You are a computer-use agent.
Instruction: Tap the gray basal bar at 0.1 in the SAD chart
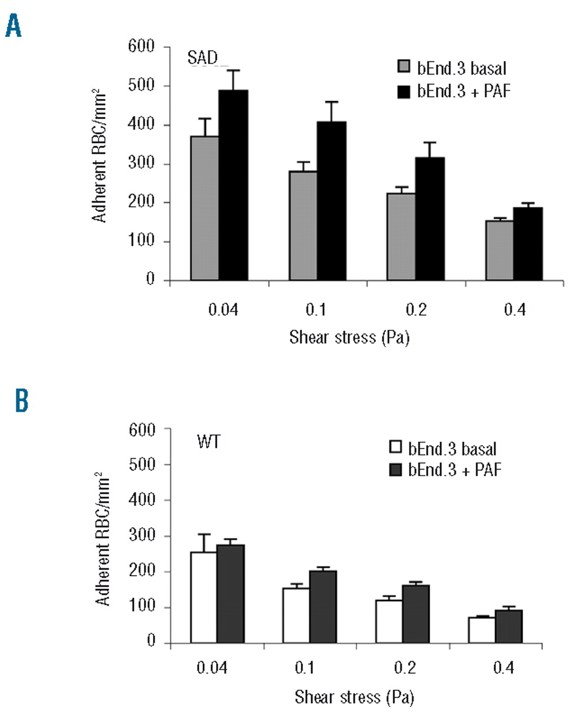(x=303, y=225)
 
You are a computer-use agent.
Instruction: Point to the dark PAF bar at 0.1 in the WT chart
(x=322, y=607)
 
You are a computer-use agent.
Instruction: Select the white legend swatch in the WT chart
(x=395, y=448)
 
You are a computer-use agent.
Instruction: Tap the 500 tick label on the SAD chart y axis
(x=141, y=86)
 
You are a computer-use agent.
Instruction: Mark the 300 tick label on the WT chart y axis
(x=143, y=535)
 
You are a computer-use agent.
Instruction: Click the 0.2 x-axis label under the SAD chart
(x=416, y=310)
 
